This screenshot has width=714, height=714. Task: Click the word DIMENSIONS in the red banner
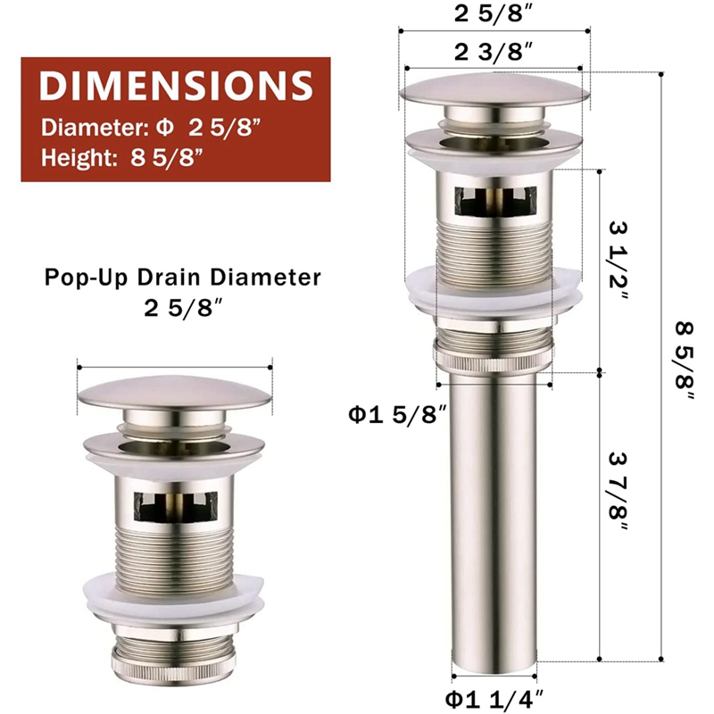pyautogui.click(x=176, y=86)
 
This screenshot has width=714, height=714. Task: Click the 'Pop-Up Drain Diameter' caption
pyautogui.click(x=182, y=278)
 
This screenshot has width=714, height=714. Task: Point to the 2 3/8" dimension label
pyautogui.click(x=493, y=51)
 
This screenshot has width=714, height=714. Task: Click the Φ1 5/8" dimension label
pyautogui.click(x=396, y=413)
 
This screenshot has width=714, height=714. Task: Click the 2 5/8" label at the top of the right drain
pyautogui.click(x=493, y=14)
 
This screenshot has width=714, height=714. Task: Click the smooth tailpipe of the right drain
pyautogui.click(x=492, y=518)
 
